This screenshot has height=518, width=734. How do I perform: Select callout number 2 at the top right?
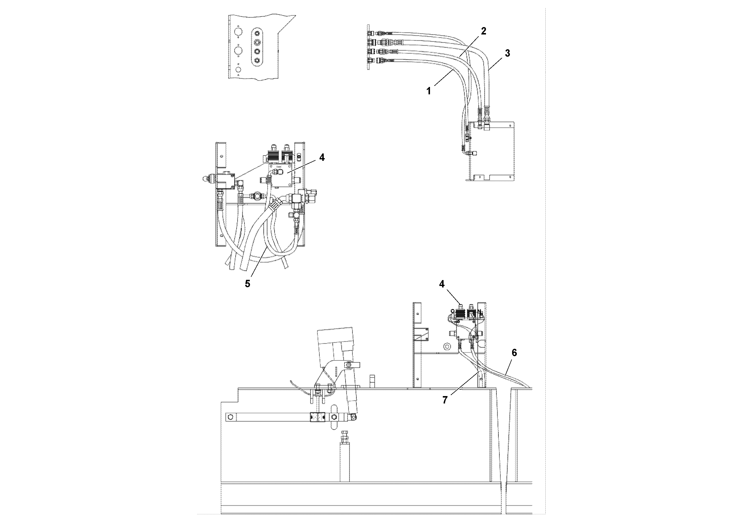pos(483,31)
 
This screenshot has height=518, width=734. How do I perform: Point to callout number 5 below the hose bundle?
pos(248,284)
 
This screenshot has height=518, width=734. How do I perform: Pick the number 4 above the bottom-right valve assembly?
pos(442,284)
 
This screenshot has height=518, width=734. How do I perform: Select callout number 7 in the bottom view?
pos(445,400)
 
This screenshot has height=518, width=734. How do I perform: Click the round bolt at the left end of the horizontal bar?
pos(230,417)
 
